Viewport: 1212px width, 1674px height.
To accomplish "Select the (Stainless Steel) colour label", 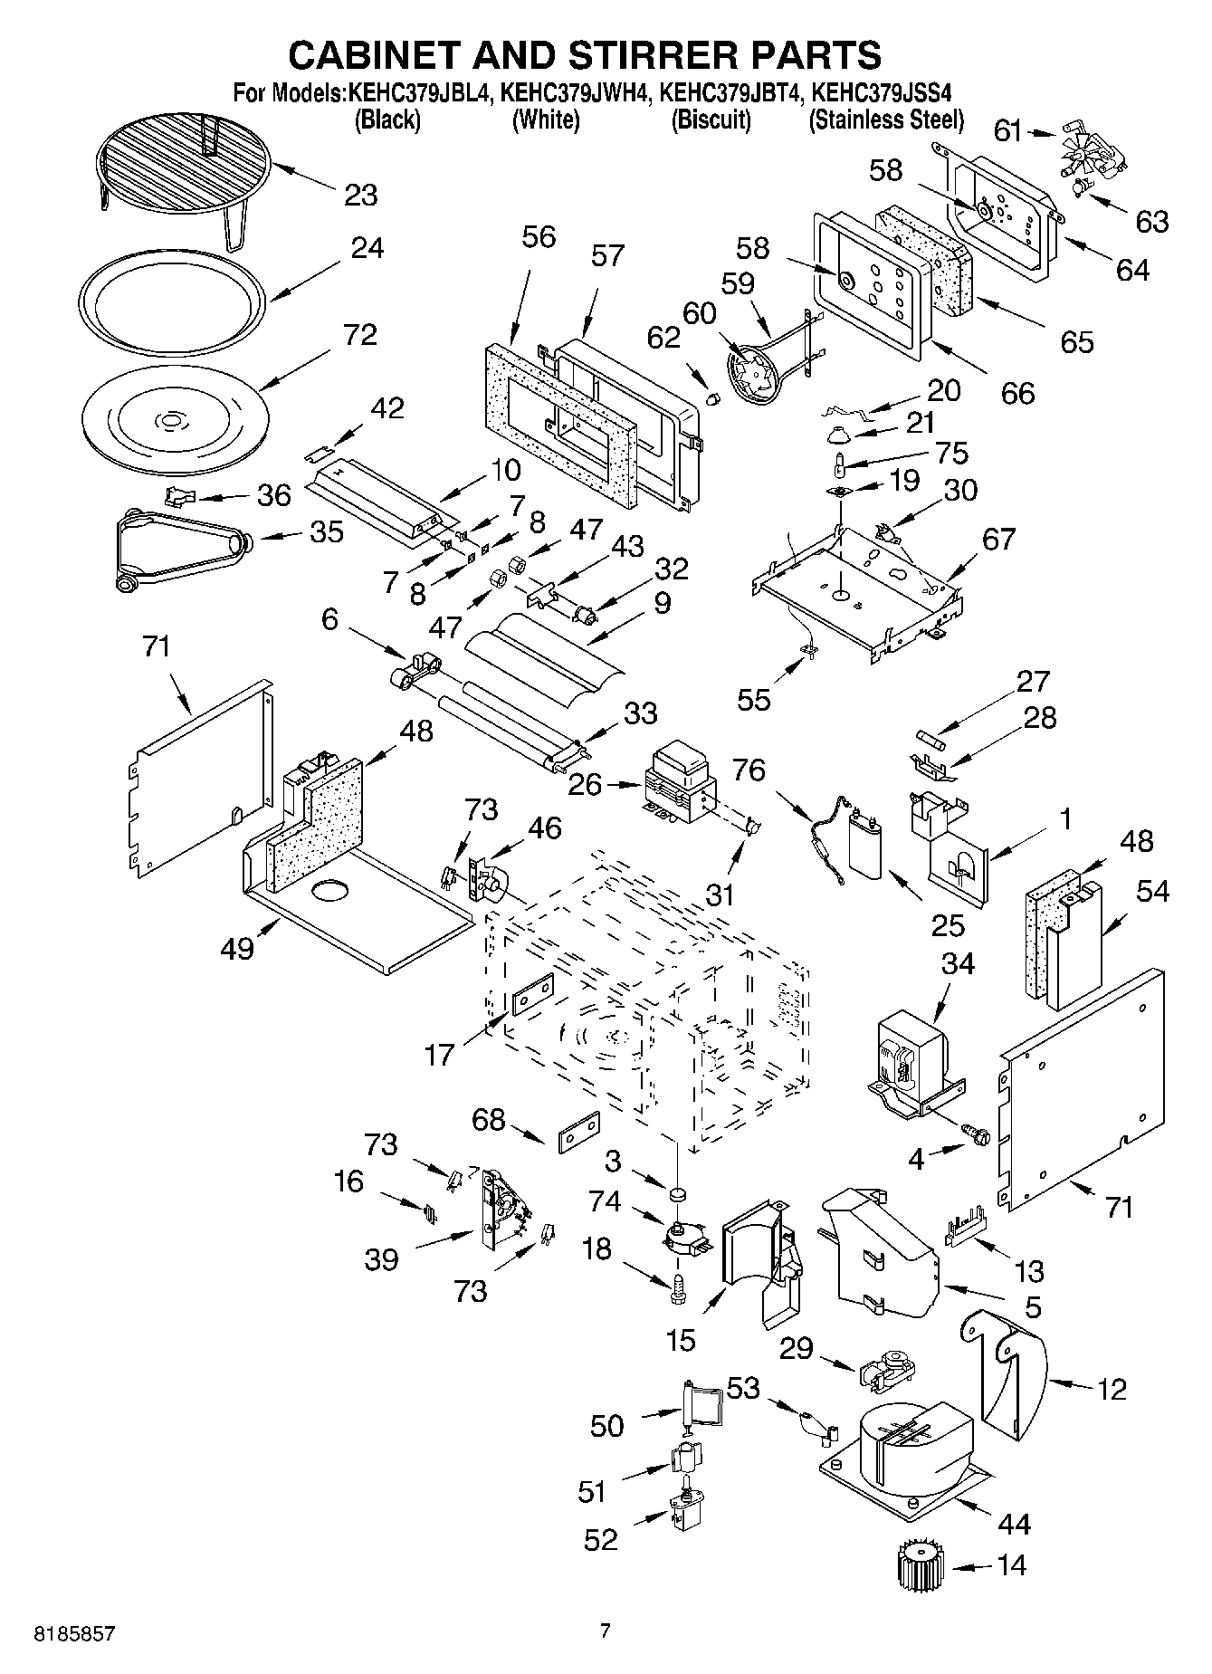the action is click(886, 120).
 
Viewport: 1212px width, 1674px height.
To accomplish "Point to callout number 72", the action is click(359, 335).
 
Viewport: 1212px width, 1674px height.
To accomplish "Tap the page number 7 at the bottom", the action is click(606, 1631).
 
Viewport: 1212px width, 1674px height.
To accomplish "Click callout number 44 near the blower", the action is click(1013, 1525).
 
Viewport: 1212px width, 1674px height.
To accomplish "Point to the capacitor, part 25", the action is click(866, 844).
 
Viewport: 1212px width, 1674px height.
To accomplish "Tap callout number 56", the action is click(539, 238).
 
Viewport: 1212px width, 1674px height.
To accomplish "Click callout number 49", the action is click(238, 950).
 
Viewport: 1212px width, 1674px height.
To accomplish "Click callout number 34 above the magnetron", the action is click(957, 964).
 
